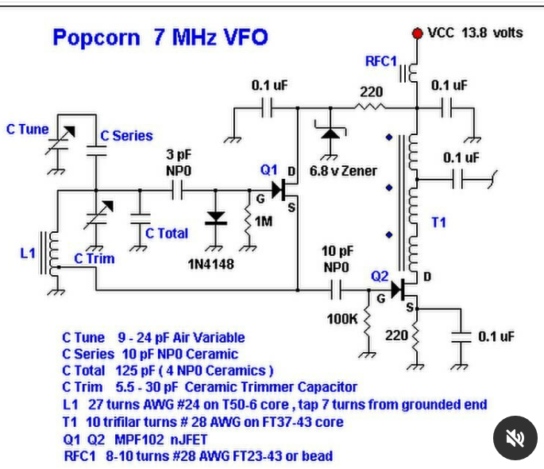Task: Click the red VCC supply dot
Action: tap(417, 33)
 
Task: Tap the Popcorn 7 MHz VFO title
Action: tap(160, 37)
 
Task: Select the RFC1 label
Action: tap(380, 62)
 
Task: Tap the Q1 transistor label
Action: tap(269, 169)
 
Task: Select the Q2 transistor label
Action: tap(380, 276)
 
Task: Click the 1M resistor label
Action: tap(263, 222)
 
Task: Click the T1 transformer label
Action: tap(438, 223)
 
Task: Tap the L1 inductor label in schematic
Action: tap(28, 253)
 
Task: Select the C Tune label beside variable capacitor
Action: tap(28, 129)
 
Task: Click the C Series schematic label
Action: tap(126, 136)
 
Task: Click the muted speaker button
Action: tap(515, 437)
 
